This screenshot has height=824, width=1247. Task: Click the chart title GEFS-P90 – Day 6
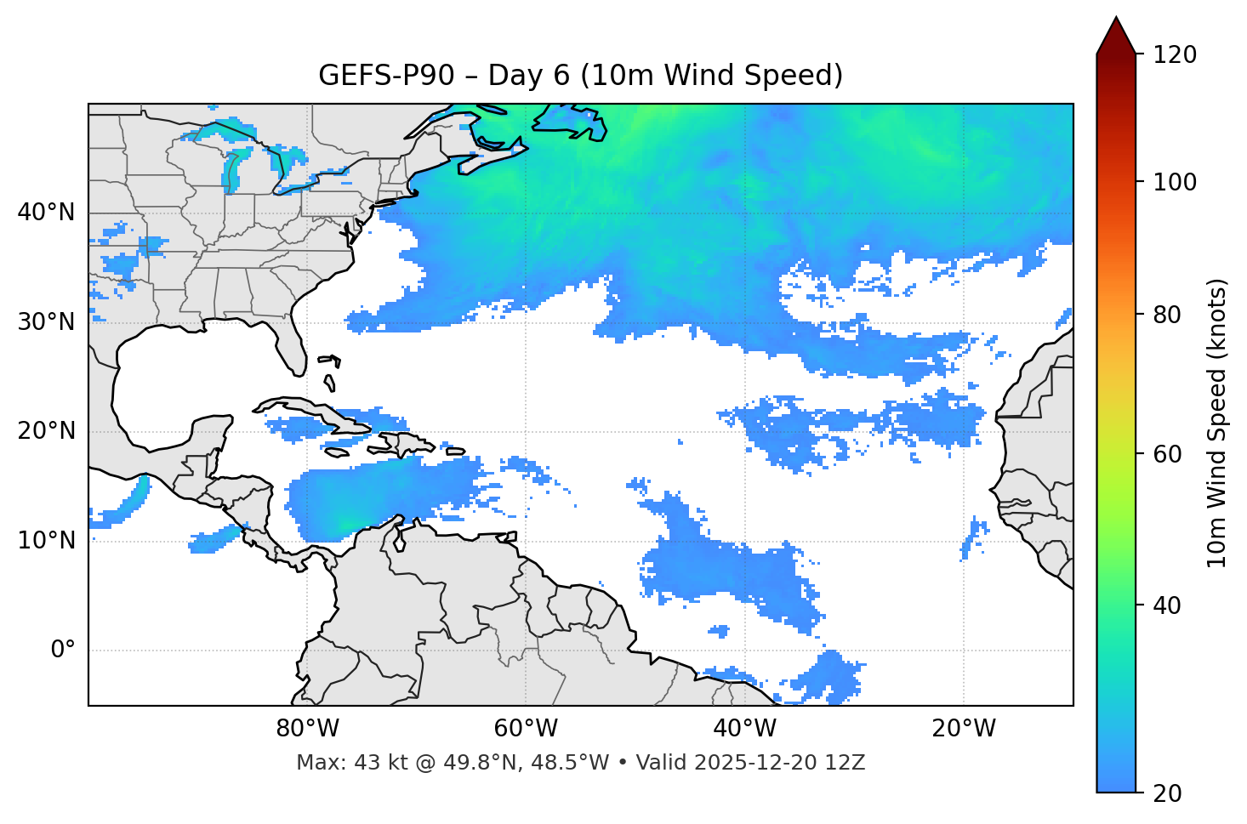(580, 76)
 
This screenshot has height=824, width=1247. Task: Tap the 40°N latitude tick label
(46, 213)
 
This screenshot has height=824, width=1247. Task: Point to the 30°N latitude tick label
(46, 322)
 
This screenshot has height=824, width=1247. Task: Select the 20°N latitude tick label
(46, 431)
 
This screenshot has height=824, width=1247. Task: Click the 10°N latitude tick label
(46, 541)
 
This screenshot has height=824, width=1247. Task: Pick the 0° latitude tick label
(63, 651)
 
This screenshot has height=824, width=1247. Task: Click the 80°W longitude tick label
(307, 729)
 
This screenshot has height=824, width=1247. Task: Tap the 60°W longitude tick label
(526, 729)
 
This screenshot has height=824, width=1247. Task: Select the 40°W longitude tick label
(744, 729)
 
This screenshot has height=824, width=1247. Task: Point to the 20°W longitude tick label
(963, 729)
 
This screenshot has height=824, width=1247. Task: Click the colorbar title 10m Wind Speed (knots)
(1217, 423)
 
